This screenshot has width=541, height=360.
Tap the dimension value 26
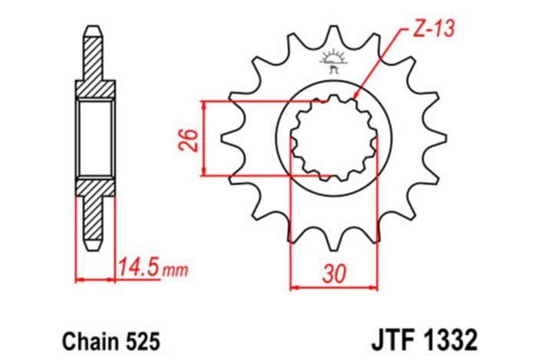[193, 139]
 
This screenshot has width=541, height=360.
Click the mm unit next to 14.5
[176, 270]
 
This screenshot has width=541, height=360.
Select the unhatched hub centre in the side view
[94, 138]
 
